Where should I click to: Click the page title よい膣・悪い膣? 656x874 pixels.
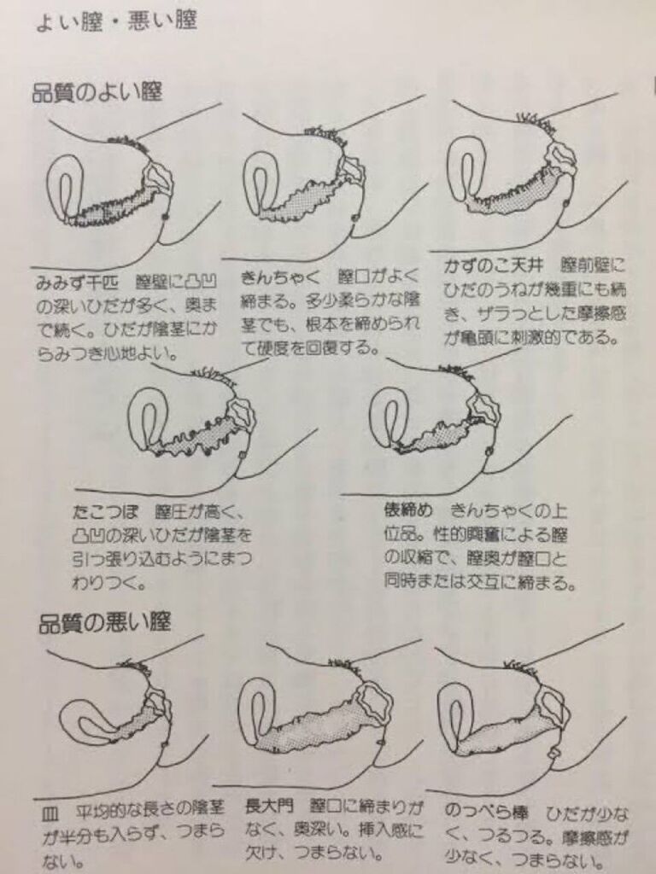116,21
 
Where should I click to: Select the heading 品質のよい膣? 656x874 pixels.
97,92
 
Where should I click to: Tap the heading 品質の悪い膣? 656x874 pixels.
104,622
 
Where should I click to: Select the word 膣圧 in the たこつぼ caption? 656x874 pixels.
173,511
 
